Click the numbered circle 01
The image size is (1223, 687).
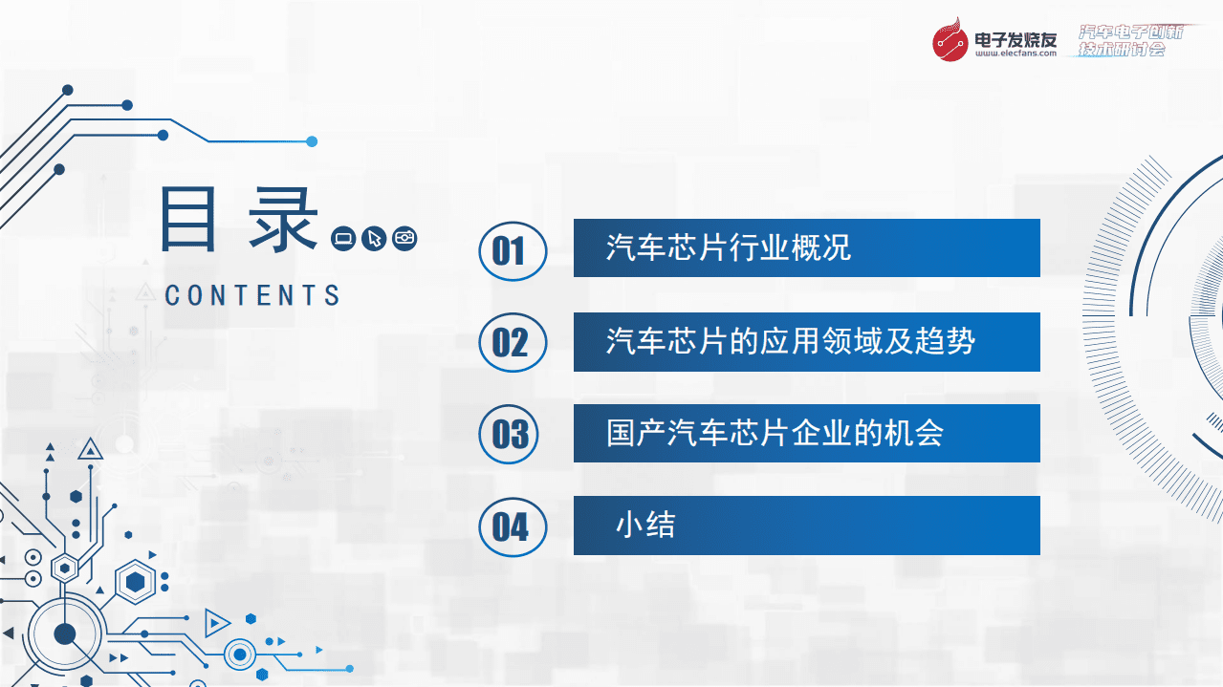pos(512,251)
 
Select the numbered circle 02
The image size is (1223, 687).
pos(512,342)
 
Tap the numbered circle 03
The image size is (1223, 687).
pos(512,434)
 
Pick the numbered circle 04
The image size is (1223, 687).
pos(512,526)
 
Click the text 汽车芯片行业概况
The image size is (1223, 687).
pos(728,248)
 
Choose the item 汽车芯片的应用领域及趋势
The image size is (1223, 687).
pos(790,341)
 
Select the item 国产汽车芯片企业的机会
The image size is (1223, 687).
pos(775,433)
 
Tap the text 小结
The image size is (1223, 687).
pos(645,525)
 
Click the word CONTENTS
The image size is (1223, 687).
pos(252,295)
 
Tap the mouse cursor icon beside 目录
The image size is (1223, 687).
pos(374,238)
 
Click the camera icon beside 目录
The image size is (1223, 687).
pos(405,238)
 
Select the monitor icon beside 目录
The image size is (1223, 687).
pos(343,238)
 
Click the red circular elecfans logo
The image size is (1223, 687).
pos(951,41)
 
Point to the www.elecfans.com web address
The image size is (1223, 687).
pos(1016,54)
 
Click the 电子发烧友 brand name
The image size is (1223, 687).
pos(1016,38)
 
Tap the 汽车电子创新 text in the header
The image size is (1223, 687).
pos(1130,32)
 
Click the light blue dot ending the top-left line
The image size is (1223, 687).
pos(312,141)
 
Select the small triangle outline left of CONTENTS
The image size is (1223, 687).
pos(145,291)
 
